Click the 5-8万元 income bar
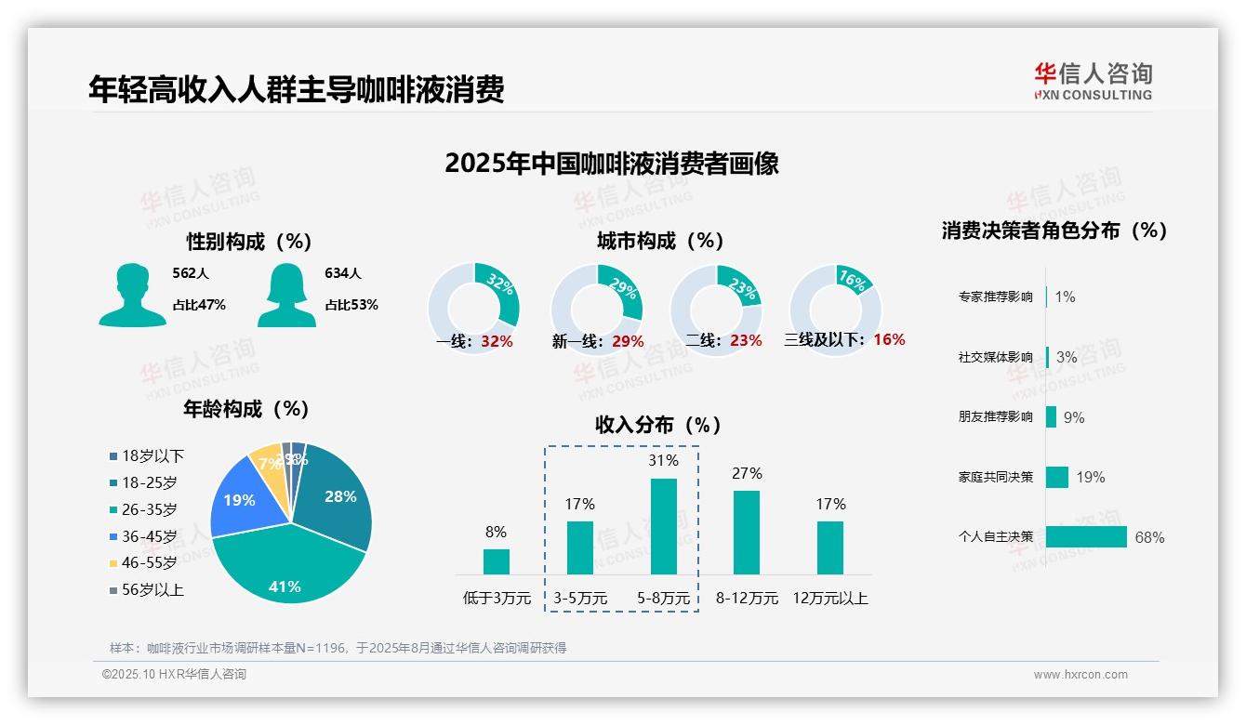[x=663, y=526]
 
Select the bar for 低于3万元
[x=496, y=561]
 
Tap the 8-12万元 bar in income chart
[x=746, y=532]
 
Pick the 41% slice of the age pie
[x=288, y=567]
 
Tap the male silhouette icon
[x=132, y=295]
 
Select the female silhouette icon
[x=286, y=295]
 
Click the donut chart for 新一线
[x=596, y=309]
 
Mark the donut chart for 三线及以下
[x=835, y=309]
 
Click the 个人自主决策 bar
[x=1086, y=536]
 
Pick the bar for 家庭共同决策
[x=1057, y=477]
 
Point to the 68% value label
[x=1149, y=537]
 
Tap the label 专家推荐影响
[x=995, y=297]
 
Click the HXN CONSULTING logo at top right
[x=1093, y=81]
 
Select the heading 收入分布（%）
[x=658, y=425]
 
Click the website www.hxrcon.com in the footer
[x=1080, y=675]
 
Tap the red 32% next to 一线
[x=497, y=341]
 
